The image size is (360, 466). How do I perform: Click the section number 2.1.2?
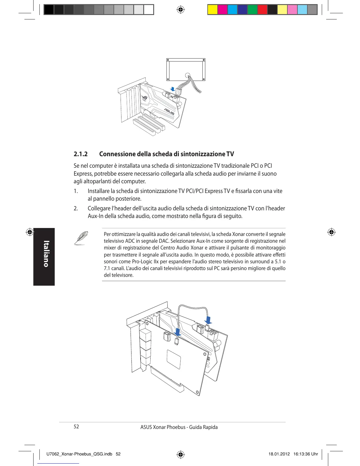point(81,154)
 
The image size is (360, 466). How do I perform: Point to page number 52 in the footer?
point(76,427)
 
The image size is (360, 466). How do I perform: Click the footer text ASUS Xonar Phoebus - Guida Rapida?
point(179,427)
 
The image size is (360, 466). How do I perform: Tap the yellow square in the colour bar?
point(212,10)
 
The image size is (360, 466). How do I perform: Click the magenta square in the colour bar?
point(222,10)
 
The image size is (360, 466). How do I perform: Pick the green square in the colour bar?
point(252,10)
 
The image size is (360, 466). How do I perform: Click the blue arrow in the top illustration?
point(173,89)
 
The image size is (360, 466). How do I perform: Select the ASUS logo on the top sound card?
point(169,111)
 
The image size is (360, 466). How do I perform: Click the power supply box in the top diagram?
point(186,69)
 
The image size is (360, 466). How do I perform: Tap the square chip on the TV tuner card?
point(174,359)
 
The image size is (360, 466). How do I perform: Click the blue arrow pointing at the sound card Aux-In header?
point(208,320)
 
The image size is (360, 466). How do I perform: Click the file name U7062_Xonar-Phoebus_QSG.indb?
point(79,454)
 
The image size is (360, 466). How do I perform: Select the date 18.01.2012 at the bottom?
point(277,454)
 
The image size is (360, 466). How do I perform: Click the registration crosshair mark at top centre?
point(180,10)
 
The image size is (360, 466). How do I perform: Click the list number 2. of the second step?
point(76,209)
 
